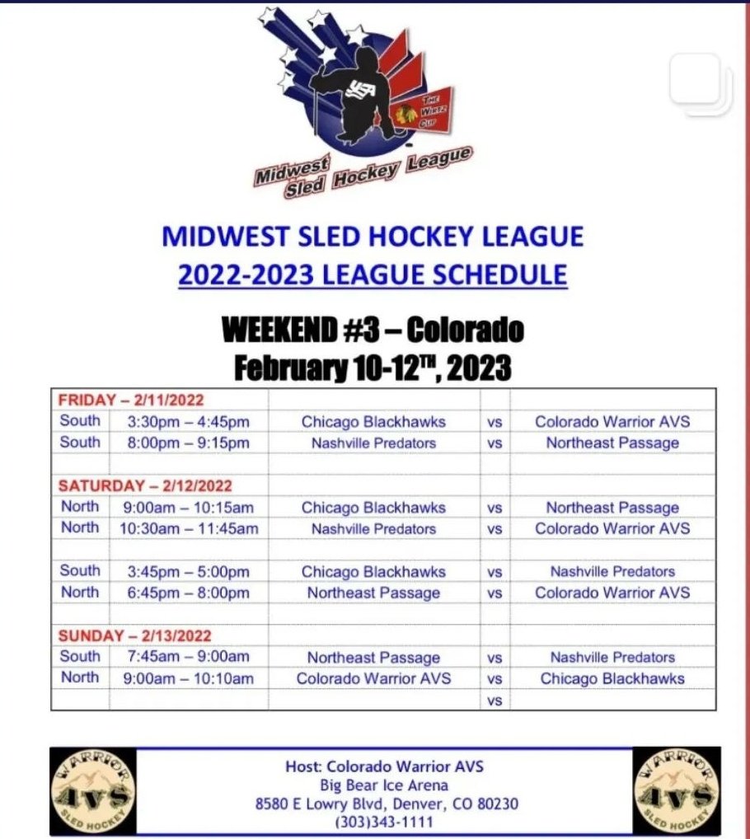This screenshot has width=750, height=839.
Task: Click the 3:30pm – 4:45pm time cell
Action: tap(188, 422)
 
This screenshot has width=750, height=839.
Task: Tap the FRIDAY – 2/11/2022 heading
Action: tap(131, 400)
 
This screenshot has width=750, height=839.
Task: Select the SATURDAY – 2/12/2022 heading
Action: tap(145, 486)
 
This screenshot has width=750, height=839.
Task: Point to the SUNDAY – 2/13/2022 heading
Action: tap(134, 635)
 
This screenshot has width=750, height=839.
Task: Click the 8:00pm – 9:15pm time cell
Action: tap(188, 443)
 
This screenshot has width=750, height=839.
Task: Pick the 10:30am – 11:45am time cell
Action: tap(189, 528)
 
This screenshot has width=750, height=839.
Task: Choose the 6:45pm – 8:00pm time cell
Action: tap(188, 593)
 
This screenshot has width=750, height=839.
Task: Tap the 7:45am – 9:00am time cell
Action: tap(188, 657)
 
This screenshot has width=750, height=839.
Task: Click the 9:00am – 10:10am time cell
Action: tap(189, 678)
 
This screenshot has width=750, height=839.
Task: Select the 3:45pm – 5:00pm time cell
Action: tap(188, 572)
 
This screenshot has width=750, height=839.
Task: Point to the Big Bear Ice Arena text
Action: tap(384, 785)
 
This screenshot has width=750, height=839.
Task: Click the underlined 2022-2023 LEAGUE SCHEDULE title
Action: tap(373, 274)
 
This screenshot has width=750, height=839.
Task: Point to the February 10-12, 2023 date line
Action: tap(373, 367)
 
